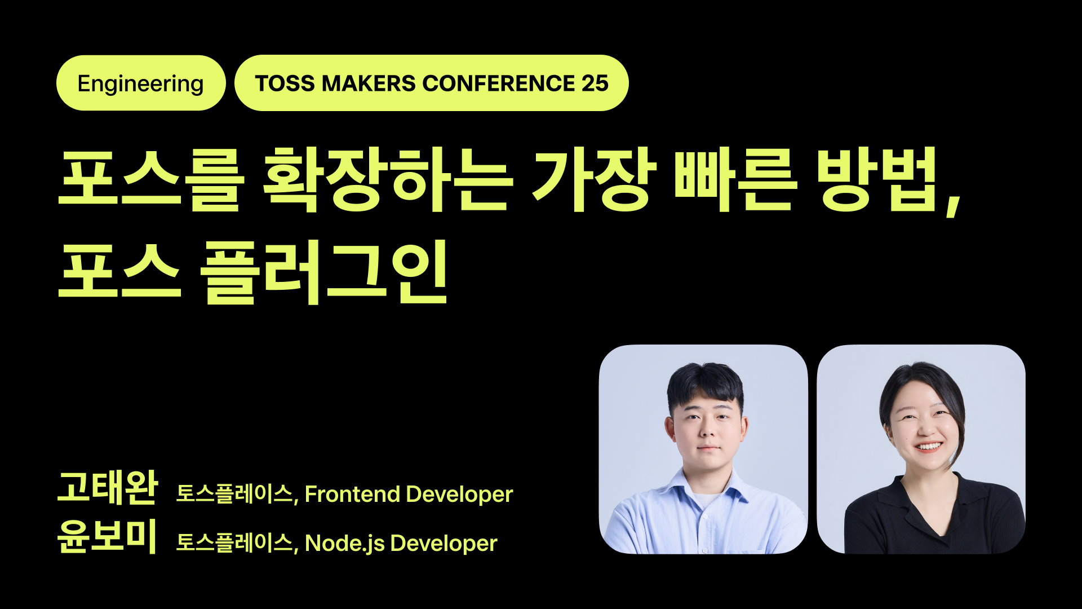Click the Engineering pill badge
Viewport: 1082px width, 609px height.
point(141,83)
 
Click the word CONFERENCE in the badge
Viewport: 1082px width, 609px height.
point(498,83)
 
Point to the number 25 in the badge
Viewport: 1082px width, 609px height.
point(595,83)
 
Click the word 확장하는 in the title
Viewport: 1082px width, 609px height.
point(388,179)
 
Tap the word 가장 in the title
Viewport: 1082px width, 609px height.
point(593,179)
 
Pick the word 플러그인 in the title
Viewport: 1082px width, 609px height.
point(324,272)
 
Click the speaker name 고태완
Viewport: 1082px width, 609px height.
point(108,487)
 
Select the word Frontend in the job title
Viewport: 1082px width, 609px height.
point(352,495)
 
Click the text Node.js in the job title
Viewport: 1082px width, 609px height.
point(344,544)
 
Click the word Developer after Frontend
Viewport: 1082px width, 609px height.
point(459,495)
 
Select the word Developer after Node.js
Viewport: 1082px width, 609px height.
point(444,544)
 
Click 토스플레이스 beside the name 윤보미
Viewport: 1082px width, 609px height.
point(234,542)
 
